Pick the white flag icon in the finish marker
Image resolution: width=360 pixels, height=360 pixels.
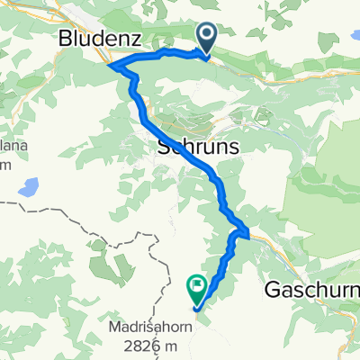click(197, 286)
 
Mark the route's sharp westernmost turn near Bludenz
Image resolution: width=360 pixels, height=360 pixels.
click(109, 65)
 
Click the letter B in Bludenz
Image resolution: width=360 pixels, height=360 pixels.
click(65, 39)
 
